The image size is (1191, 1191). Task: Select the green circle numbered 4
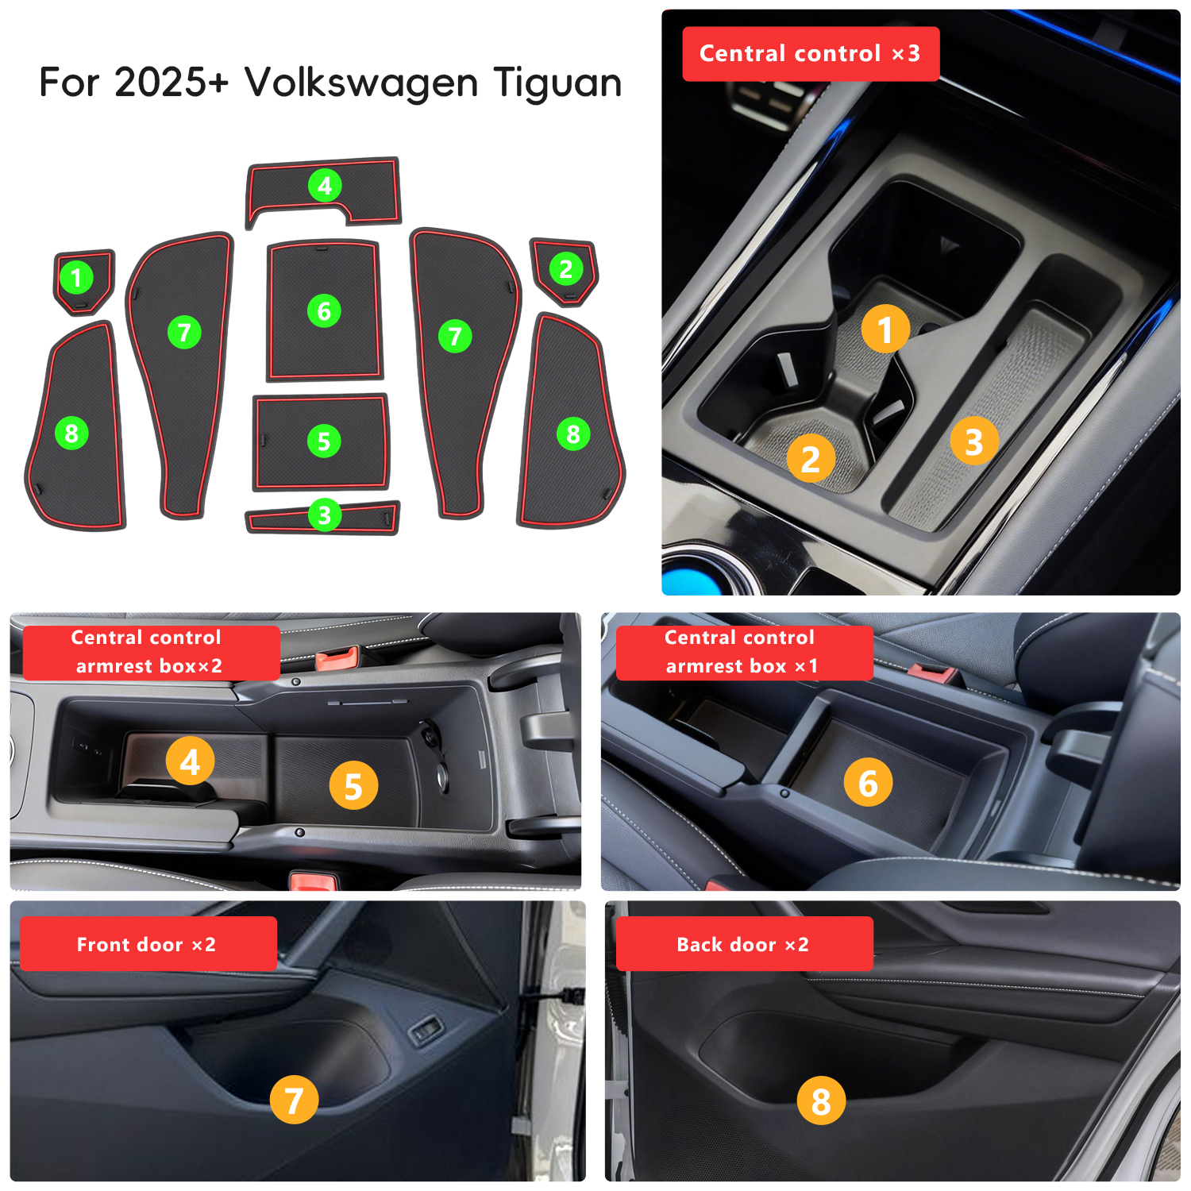tap(325, 186)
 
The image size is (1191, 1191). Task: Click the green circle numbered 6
tap(324, 311)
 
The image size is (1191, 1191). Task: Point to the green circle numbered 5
tap(324, 441)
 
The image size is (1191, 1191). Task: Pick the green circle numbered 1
tap(77, 278)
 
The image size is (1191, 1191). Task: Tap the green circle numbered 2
tap(566, 269)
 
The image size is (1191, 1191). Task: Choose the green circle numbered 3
tap(325, 515)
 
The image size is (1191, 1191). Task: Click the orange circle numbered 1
tap(885, 329)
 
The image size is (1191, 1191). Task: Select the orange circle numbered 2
tap(811, 458)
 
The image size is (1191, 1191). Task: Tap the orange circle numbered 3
tap(974, 441)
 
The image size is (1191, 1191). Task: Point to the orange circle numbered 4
tap(190, 761)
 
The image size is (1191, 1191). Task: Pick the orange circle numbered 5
tap(353, 785)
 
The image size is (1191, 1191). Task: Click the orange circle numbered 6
tap(869, 782)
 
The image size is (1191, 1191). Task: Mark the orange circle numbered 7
tap(294, 1100)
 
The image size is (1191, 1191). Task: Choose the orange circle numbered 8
tap(821, 1100)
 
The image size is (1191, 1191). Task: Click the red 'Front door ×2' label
tap(148, 944)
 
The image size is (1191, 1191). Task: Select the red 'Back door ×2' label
tap(745, 944)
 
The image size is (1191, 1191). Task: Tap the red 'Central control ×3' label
tap(811, 54)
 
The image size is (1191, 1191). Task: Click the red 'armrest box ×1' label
tap(745, 653)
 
